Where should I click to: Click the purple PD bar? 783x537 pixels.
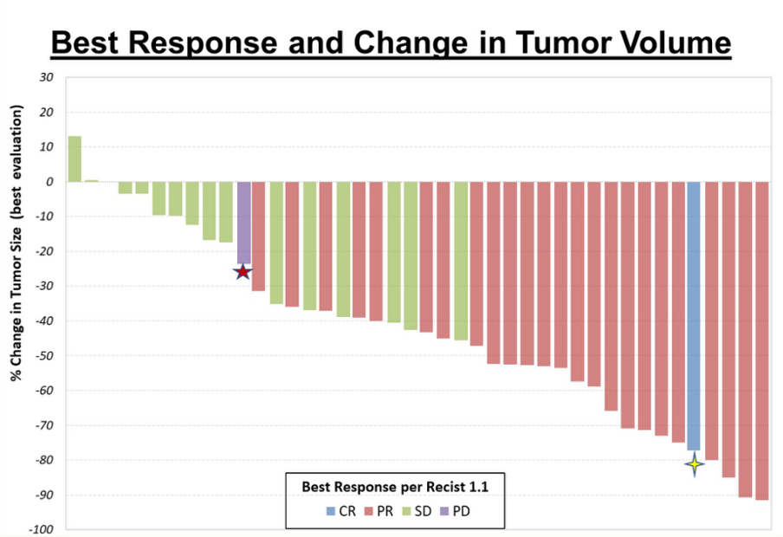[x=243, y=223]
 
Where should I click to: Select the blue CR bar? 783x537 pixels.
[x=694, y=316]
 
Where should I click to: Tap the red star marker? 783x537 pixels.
[x=243, y=272]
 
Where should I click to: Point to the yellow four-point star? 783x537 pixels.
[x=694, y=464]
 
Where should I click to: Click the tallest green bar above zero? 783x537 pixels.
[x=74, y=159]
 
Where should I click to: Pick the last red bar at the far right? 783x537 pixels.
[x=762, y=340]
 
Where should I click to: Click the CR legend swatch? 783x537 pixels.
[x=331, y=511]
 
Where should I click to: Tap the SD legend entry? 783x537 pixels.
[x=417, y=511]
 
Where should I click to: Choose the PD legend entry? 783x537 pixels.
[x=455, y=511]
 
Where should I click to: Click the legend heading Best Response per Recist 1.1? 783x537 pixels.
[x=395, y=487]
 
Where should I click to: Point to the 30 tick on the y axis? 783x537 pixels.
[x=47, y=77]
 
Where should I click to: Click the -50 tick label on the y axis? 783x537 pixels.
[x=44, y=356]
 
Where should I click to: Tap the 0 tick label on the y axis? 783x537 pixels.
[x=49, y=182]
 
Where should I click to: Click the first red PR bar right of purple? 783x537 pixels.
[x=258, y=236]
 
